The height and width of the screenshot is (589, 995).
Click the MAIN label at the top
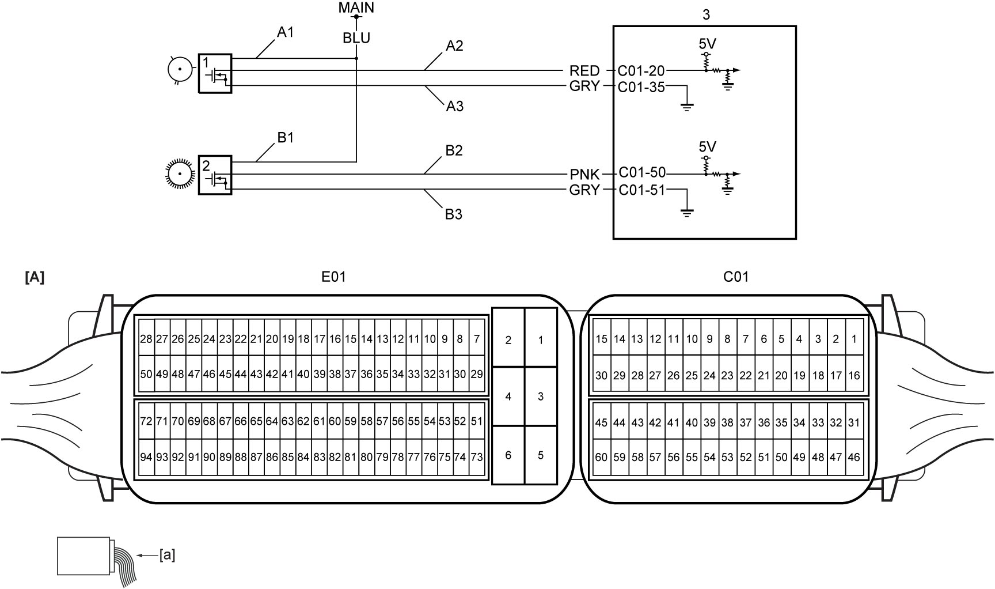click(356, 7)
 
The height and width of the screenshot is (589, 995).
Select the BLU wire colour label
click(356, 38)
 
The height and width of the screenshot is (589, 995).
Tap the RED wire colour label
click(584, 71)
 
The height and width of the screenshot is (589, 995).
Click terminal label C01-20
click(641, 71)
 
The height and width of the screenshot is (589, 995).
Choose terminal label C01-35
click(641, 87)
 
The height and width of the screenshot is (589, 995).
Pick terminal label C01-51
click(641, 190)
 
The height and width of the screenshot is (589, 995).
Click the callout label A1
click(286, 32)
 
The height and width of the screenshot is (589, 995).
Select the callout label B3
click(454, 214)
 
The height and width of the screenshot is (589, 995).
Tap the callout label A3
click(454, 106)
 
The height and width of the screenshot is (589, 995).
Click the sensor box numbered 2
click(215, 175)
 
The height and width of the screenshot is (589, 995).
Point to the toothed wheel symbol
click(180, 174)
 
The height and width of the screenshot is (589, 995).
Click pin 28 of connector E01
click(146, 339)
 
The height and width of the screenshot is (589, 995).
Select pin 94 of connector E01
click(146, 457)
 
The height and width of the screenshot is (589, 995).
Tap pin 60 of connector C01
click(601, 457)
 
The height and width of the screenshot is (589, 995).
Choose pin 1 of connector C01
click(854, 339)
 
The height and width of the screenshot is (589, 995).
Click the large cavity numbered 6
click(508, 455)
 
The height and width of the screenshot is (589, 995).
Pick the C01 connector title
click(736, 277)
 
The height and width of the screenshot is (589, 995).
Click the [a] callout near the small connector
click(167, 555)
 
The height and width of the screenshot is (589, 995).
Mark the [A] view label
click(35, 277)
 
